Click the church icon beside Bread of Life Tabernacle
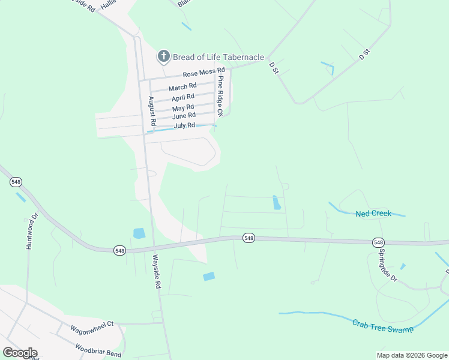(163, 57)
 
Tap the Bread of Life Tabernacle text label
(218, 58)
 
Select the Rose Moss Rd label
(203, 73)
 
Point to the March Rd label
(182, 87)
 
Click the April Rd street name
(183, 97)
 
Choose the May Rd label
(183, 107)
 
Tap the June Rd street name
(184, 115)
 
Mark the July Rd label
(184, 125)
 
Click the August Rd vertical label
(152, 111)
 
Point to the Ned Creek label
(373, 214)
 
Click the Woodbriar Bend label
(99, 351)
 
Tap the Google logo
(19, 352)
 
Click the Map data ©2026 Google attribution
(412, 355)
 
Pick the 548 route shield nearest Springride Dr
(378, 242)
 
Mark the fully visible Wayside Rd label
(156, 272)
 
